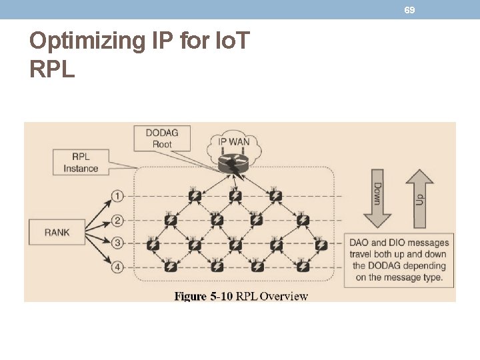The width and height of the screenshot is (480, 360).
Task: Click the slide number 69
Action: (x=409, y=10)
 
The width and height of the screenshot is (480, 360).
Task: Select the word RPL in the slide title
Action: (x=52, y=69)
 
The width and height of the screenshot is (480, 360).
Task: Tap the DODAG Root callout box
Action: (x=162, y=139)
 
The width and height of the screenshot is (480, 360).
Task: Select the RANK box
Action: (x=57, y=232)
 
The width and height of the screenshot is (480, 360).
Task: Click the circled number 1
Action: (x=117, y=196)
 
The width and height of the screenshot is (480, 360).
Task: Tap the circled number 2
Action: (x=117, y=220)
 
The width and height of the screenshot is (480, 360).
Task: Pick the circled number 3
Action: (x=117, y=243)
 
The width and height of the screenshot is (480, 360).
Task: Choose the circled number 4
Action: (x=117, y=267)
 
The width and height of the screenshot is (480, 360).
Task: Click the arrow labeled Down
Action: (x=377, y=198)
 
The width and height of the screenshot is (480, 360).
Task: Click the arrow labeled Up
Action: (x=419, y=198)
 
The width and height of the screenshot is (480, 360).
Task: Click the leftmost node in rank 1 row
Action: (x=195, y=196)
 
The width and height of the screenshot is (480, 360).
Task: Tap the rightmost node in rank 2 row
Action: (x=302, y=220)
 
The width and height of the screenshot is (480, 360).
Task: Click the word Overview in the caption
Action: (x=284, y=296)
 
